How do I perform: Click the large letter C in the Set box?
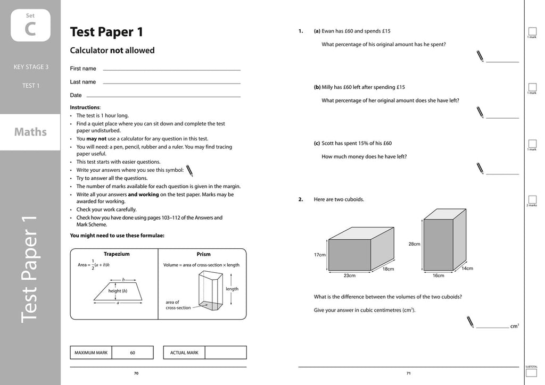(x=30, y=29)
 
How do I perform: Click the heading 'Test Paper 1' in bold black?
(x=106, y=32)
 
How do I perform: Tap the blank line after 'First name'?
(x=171, y=70)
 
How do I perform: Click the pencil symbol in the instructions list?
(x=189, y=170)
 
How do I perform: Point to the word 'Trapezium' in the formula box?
(x=117, y=254)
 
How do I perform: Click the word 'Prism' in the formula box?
(x=203, y=254)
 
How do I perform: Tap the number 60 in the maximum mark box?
(x=133, y=353)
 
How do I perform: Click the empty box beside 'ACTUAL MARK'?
(x=226, y=353)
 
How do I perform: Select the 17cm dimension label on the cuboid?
(x=319, y=255)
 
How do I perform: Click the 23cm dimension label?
(x=349, y=275)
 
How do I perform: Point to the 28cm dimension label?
(x=415, y=244)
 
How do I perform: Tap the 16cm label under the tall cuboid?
(x=438, y=275)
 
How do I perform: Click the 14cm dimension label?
(x=467, y=269)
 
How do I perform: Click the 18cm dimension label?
(x=388, y=269)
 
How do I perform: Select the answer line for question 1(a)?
(x=502, y=62)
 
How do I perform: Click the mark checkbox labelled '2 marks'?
(x=532, y=199)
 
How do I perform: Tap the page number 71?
(x=408, y=373)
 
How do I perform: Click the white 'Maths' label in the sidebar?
(x=30, y=132)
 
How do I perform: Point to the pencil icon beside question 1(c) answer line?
(x=480, y=169)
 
